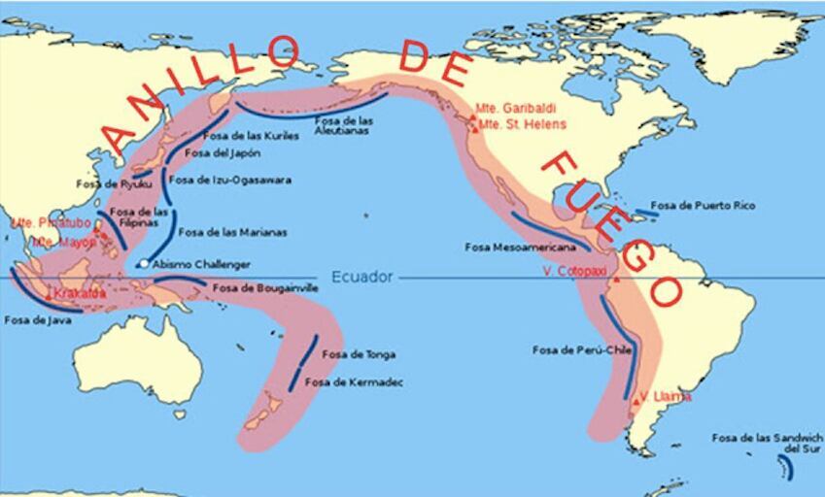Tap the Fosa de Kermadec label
[355, 382]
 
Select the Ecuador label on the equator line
[362, 278]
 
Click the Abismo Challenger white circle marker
[143, 264]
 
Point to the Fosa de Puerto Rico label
[703, 206]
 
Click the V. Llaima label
[667, 396]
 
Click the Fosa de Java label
[37, 319]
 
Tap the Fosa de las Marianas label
[233, 232]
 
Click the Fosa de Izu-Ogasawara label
[230, 180]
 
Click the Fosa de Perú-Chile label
[576, 349]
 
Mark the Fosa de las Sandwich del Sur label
[767, 444]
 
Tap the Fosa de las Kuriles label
[244, 136]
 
